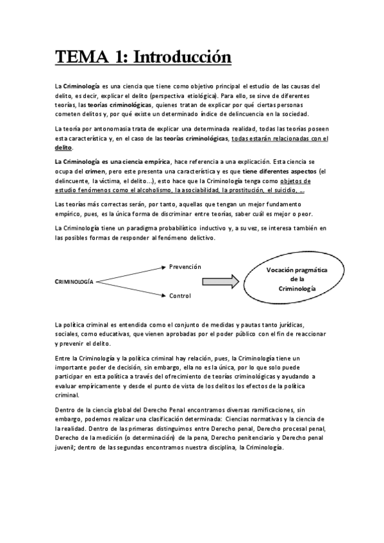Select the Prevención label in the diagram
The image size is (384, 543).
coord(185,266)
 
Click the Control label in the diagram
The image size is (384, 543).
coord(180,296)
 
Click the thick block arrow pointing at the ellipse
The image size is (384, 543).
coord(222,281)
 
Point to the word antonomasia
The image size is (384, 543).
coord(111,129)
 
